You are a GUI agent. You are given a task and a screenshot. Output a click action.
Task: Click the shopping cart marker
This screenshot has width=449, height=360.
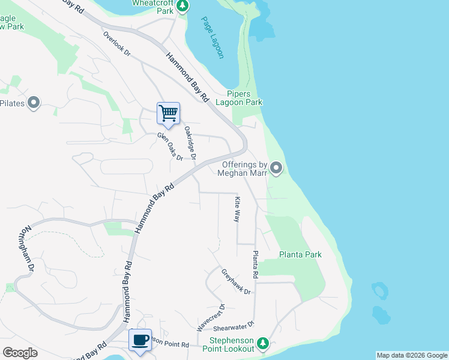[168, 113]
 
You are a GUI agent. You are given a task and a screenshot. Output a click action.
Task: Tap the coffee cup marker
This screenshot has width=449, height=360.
[140, 340]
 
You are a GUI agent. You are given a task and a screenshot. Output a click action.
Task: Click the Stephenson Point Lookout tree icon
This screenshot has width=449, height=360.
[262, 343]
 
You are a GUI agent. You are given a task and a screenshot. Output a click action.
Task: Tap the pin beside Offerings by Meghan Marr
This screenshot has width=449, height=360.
[276, 168]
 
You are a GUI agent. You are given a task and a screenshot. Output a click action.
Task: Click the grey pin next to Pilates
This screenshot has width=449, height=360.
[34, 103]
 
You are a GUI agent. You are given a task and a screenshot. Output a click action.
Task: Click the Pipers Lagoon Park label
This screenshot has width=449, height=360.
[244, 98]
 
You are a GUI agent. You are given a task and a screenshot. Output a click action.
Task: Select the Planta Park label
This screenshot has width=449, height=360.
[300, 254]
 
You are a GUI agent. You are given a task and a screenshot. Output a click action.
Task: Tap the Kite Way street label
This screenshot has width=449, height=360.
[237, 209]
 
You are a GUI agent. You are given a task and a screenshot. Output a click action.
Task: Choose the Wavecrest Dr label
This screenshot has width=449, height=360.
[211, 318]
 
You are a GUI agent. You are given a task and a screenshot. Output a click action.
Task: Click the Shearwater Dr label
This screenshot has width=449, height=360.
[234, 324]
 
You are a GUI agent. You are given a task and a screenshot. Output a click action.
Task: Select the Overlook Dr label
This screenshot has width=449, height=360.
[116, 44]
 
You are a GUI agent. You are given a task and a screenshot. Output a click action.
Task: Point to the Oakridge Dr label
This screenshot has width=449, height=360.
[190, 143]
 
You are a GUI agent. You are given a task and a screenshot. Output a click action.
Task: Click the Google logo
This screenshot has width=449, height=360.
[20, 353]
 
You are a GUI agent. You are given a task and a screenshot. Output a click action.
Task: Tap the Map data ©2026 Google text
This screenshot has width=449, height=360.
[412, 355]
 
